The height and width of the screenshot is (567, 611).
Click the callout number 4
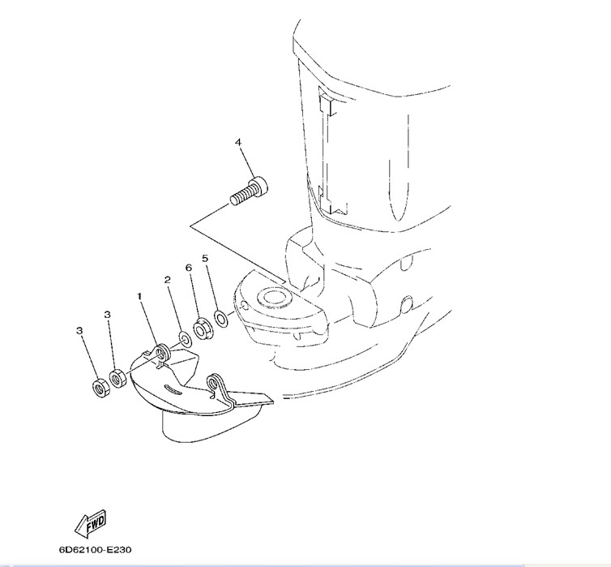(x=238, y=142)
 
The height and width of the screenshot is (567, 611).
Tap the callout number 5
(x=205, y=258)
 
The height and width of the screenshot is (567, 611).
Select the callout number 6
(x=189, y=268)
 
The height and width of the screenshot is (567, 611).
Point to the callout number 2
(x=168, y=280)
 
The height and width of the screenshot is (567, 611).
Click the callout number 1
(x=139, y=297)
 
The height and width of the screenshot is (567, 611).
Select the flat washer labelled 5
(x=221, y=319)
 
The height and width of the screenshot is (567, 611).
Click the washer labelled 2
(x=184, y=339)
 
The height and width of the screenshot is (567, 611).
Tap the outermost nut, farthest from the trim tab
(x=102, y=387)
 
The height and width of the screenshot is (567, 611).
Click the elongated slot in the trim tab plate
(x=174, y=389)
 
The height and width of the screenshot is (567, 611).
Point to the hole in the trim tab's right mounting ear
(x=213, y=384)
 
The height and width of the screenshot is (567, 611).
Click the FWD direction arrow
(x=90, y=522)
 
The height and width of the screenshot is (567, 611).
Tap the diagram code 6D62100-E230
(x=95, y=550)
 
